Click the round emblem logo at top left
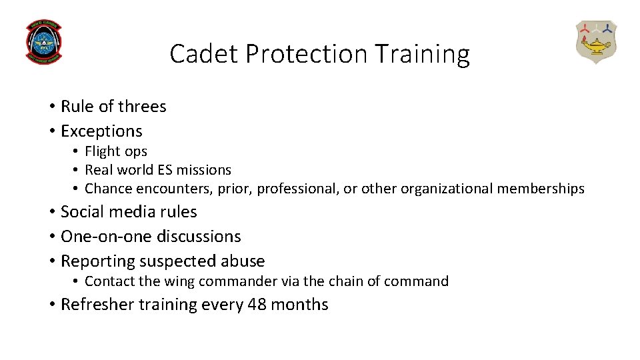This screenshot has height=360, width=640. click(x=43, y=41)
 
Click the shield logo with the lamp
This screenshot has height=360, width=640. click(x=596, y=41)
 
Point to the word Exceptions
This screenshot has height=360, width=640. click(x=101, y=131)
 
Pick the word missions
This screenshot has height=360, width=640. click(x=204, y=170)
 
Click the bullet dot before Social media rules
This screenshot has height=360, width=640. click(x=51, y=212)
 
